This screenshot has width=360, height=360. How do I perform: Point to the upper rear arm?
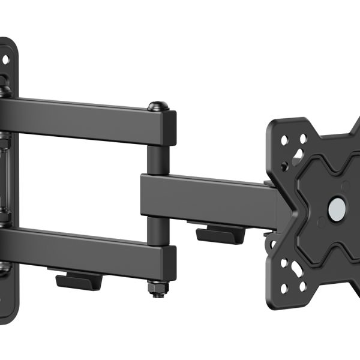[x=84, y=119]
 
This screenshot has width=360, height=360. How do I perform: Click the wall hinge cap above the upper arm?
[x=5, y=90]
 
